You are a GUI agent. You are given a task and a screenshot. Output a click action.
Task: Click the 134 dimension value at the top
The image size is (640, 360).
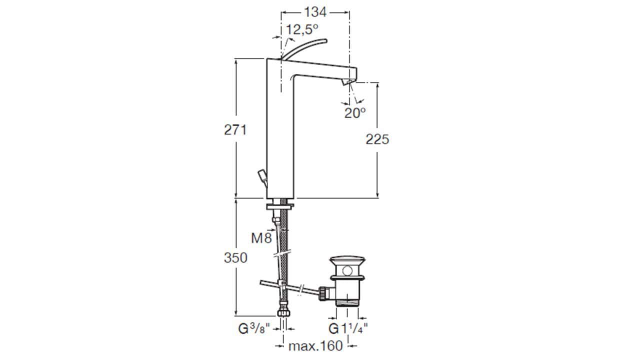click(x=315, y=12)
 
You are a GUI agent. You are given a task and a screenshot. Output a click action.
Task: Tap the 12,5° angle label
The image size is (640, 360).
click(x=302, y=29)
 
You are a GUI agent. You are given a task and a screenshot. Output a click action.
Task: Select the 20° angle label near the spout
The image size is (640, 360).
click(x=355, y=113)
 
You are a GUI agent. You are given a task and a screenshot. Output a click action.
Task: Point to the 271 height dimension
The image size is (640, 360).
click(x=235, y=130)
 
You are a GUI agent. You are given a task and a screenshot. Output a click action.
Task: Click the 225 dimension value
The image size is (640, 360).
click(x=377, y=139)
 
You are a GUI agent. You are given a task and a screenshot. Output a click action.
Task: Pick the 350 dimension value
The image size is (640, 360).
click(x=235, y=258)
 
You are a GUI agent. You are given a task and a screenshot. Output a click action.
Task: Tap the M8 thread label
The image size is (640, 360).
click(x=261, y=238)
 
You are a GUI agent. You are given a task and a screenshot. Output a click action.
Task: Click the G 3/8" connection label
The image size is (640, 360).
click(x=254, y=329)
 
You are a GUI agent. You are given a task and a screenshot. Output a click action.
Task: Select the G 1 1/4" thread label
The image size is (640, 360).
click(x=348, y=328)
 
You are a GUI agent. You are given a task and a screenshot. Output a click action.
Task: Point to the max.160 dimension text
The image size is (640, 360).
click(x=315, y=346)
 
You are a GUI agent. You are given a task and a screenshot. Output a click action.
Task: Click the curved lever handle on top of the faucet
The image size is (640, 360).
click(x=303, y=47)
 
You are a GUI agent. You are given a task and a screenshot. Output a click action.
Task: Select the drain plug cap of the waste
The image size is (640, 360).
click(x=347, y=260)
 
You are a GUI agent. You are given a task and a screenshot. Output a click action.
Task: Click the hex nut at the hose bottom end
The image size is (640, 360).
click(x=283, y=312)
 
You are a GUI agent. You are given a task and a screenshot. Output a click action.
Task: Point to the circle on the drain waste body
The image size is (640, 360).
click(x=347, y=270)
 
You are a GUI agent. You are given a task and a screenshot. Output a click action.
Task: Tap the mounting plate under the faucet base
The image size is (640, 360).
click(x=280, y=206)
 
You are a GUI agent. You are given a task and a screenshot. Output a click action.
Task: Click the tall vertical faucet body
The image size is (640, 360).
click(x=280, y=128)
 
